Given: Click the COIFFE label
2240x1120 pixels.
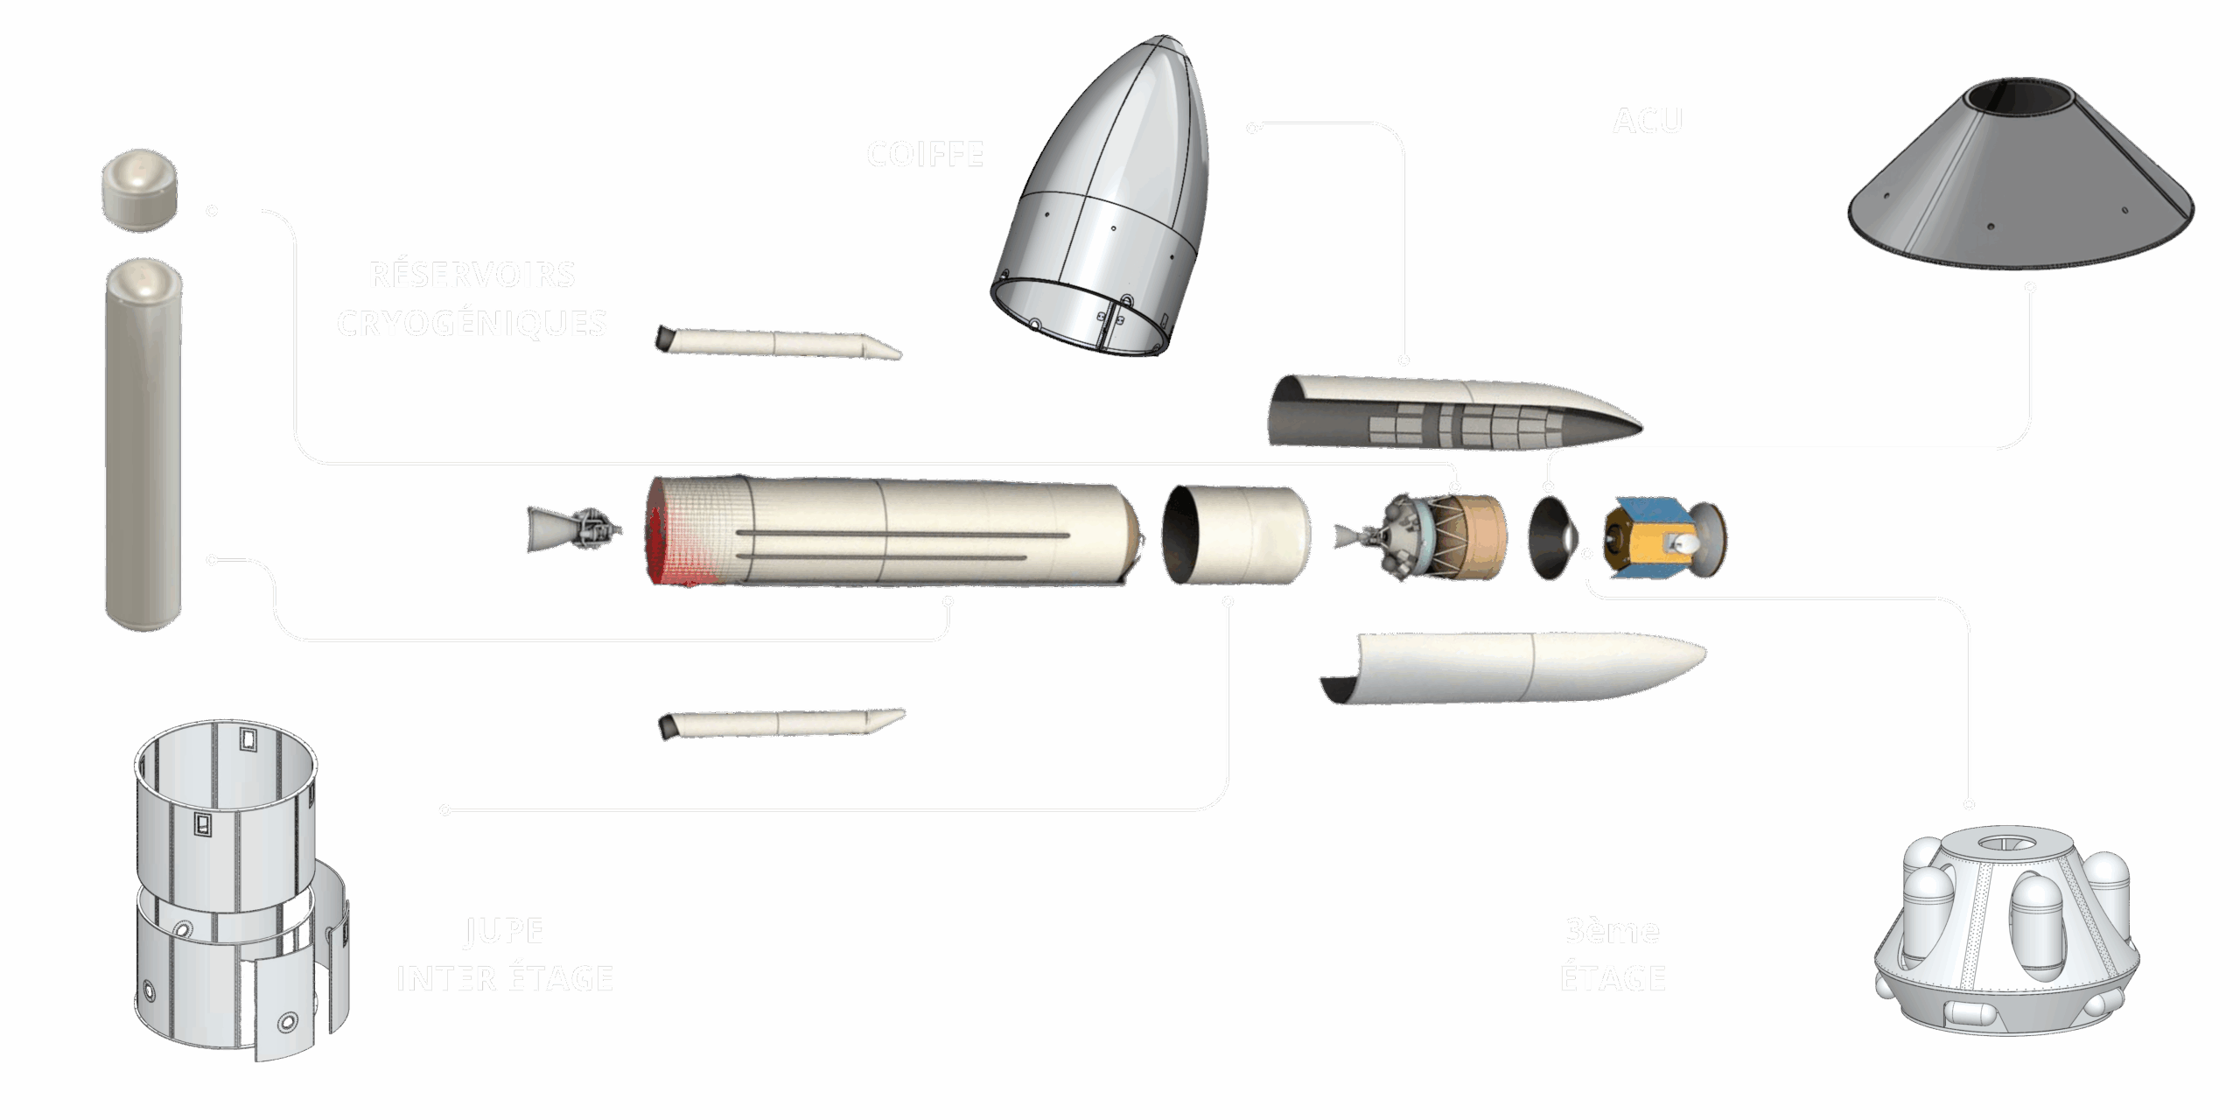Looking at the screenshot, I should pyautogui.click(x=925, y=155).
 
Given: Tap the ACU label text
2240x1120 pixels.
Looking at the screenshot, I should pyautogui.click(x=1647, y=122).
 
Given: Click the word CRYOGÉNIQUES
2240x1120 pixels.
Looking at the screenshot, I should pyautogui.click(x=472, y=323).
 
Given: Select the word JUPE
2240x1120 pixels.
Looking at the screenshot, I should pyautogui.click(x=505, y=930).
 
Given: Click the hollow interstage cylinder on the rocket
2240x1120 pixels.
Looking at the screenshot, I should pyautogui.click(x=1238, y=535).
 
